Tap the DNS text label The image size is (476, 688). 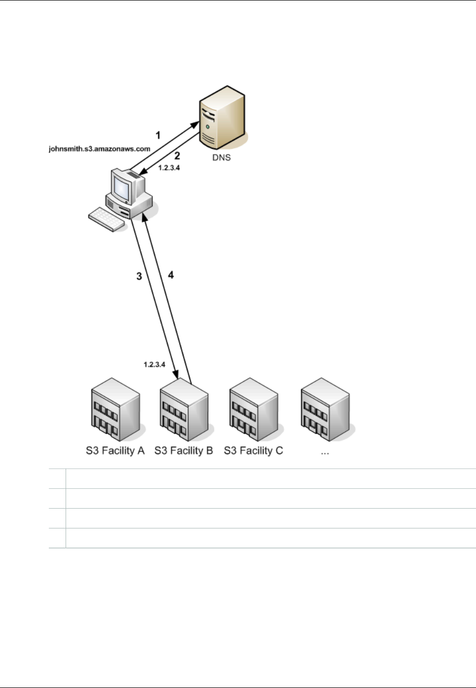tap(221, 158)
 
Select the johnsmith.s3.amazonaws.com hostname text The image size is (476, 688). tap(100, 149)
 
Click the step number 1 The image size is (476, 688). tap(158, 135)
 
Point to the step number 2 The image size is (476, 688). tap(177, 156)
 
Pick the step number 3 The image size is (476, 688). tap(139, 276)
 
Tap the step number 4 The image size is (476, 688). tap(171, 275)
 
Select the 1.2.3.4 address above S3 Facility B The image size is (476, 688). tap(155, 364)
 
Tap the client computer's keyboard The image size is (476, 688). tap(108, 220)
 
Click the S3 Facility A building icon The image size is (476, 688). tap(115, 409)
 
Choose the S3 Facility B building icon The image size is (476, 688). tap(184, 409)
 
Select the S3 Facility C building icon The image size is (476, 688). tap(253, 409)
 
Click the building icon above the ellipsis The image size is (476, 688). tap(325, 409)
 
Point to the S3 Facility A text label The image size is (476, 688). tap(115, 451)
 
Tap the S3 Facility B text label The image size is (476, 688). tap(184, 451)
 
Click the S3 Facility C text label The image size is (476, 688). tap(253, 451)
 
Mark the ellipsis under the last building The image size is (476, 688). tap(325, 452)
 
